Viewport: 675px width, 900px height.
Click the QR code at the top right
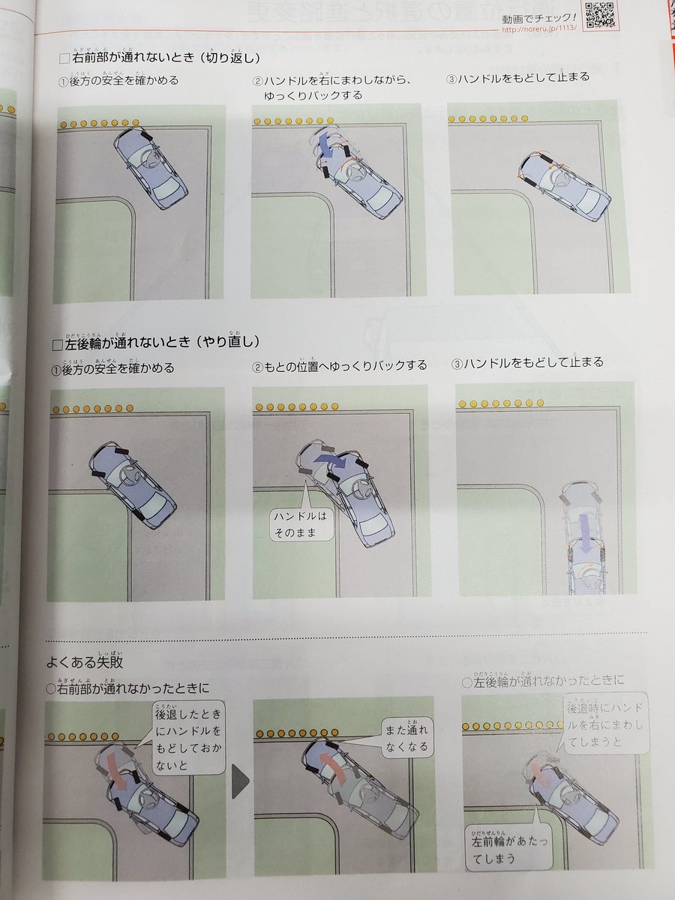coord(600,14)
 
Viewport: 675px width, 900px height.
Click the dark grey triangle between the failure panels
coord(239,781)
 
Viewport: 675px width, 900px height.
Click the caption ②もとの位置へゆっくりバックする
coord(340,366)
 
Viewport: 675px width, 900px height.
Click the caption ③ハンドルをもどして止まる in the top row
coord(517,78)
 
